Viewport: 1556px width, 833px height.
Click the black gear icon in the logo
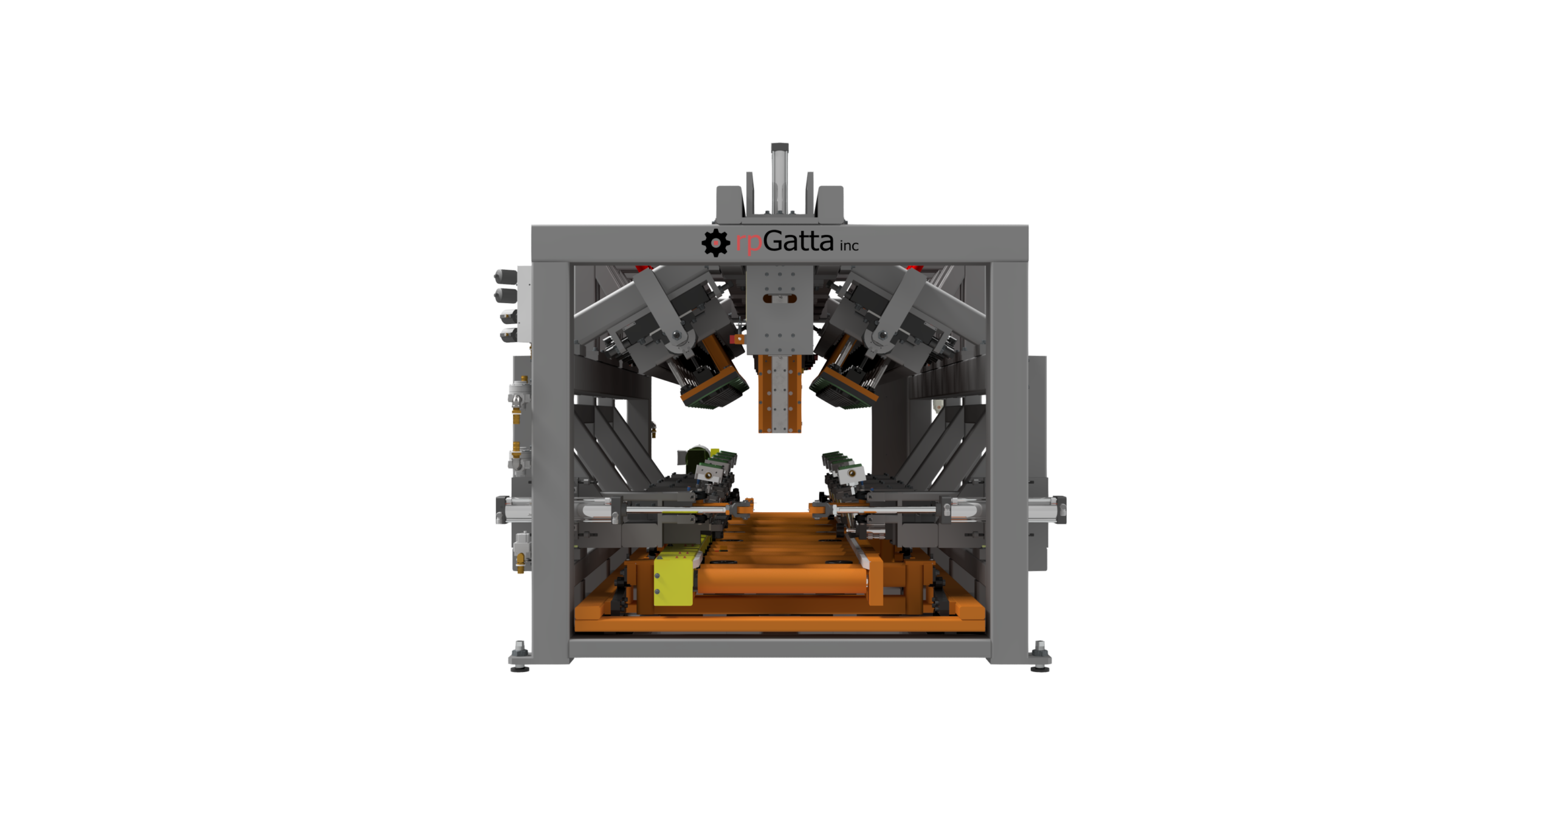tap(715, 242)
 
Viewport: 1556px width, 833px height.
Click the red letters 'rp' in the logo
tap(749, 243)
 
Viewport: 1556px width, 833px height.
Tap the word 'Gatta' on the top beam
tap(799, 241)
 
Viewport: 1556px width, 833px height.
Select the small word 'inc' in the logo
tap(849, 245)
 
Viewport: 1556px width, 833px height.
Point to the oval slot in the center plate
tap(779, 298)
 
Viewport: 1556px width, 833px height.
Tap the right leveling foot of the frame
tap(1039, 656)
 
